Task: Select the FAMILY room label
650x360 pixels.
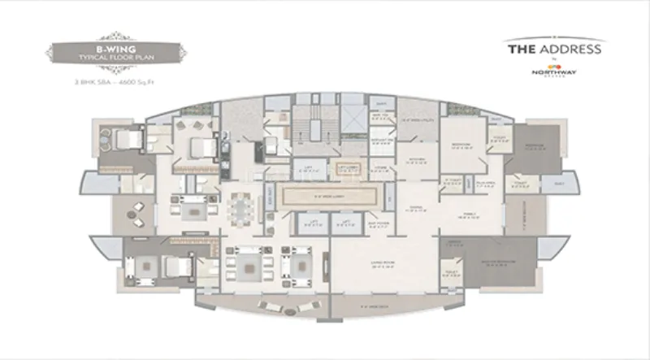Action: tap(469, 215)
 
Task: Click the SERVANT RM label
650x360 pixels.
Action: tap(381, 141)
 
